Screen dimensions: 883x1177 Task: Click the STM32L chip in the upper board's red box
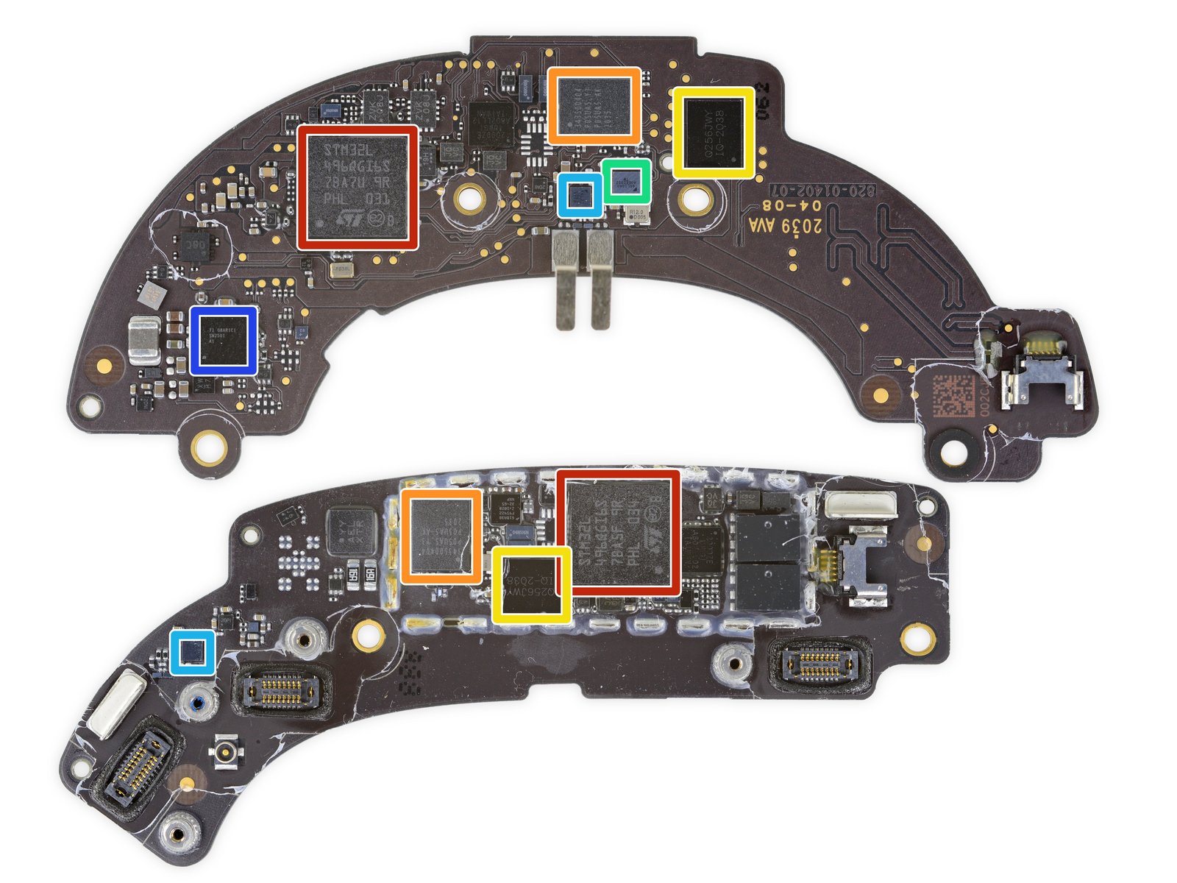click(x=358, y=187)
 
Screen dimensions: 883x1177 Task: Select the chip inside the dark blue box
click(x=224, y=341)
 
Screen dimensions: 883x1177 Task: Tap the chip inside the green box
click(x=626, y=180)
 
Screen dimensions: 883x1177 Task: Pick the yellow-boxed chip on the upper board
click(x=714, y=132)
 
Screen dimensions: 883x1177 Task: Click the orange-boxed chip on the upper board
click(x=594, y=105)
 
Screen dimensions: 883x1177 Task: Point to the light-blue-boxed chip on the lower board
click(x=193, y=652)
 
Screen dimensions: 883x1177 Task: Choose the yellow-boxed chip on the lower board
click(x=532, y=585)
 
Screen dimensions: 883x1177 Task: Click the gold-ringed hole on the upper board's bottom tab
click(x=210, y=445)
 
